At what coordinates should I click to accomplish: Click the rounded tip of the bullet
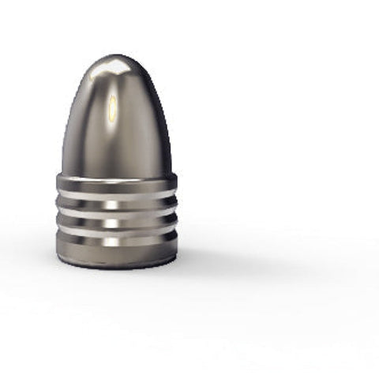(x=117, y=58)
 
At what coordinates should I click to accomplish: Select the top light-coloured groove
(x=116, y=194)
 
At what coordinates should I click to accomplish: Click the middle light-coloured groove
(x=116, y=212)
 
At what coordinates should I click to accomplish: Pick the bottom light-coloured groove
(x=116, y=230)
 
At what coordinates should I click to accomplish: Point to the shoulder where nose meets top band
(x=116, y=174)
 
